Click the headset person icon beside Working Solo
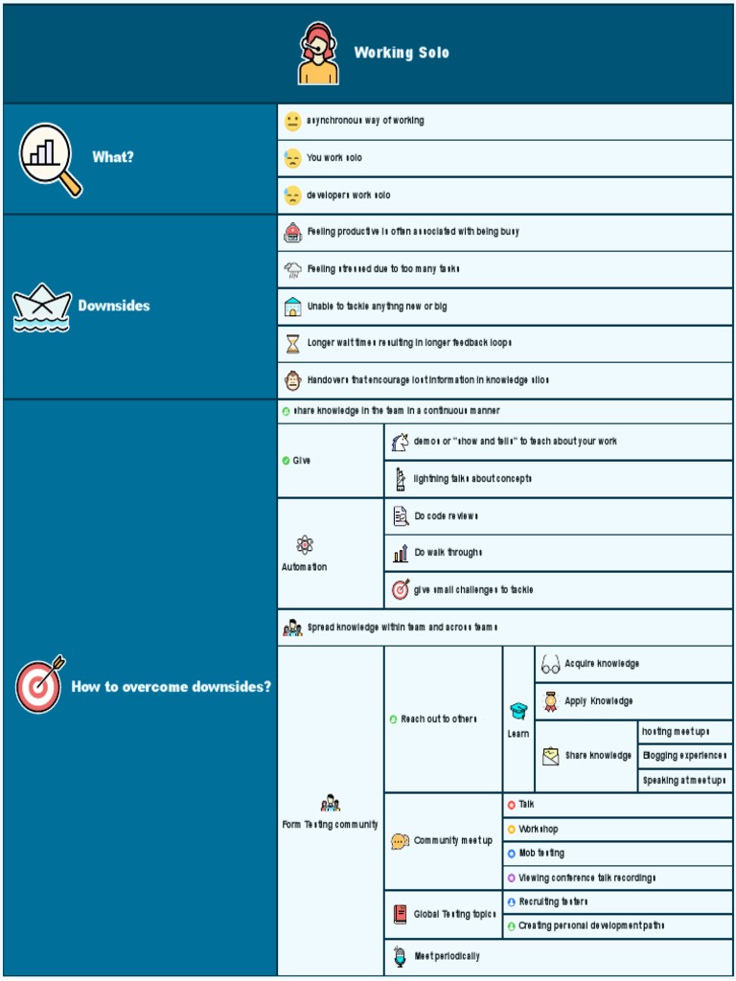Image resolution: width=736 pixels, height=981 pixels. (x=318, y=54)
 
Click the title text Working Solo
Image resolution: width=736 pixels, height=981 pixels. (x=402, y=53)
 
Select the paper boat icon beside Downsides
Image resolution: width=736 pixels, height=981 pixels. (x=41, y=308)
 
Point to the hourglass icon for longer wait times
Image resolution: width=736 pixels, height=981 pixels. (x=292, y=343)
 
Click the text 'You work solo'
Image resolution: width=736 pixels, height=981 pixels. (x=334, y=158)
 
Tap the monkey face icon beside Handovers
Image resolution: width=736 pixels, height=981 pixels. (x=292, y=380)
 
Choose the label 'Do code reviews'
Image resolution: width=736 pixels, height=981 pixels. (x=446, y=516)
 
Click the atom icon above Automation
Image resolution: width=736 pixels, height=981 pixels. (x=305, y=545)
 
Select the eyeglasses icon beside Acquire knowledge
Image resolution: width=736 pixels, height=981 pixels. (x=550, y=664)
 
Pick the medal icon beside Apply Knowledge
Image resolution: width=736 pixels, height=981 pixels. (x=550, y=701)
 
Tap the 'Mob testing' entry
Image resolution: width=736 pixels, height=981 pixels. (x=541, y=854)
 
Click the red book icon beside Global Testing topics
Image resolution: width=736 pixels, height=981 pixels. (x=401, y=914)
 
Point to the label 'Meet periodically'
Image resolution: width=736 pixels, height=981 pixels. (x=447, y=956)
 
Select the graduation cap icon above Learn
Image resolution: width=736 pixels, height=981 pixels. (x=518, y=711)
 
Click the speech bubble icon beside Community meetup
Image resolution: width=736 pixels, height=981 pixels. (x=401, y=841)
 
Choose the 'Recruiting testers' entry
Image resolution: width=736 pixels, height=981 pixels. (x=553, y=901)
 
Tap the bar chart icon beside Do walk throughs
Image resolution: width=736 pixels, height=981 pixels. (x=401, y=553)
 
